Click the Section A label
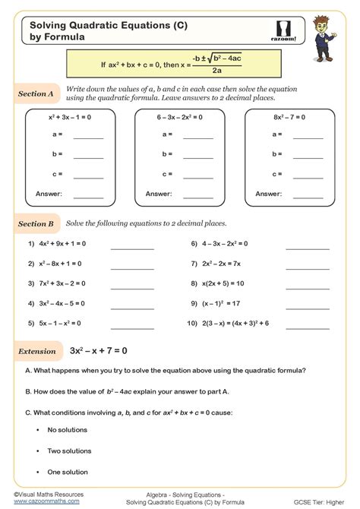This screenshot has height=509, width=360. [x=35, y=94]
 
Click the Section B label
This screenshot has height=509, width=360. [x=35, y=225]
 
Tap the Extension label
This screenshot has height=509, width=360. [x=36, y=351]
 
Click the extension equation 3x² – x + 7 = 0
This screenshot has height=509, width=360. [x=98, y=351]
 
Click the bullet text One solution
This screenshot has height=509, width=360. [x=68, y=472]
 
